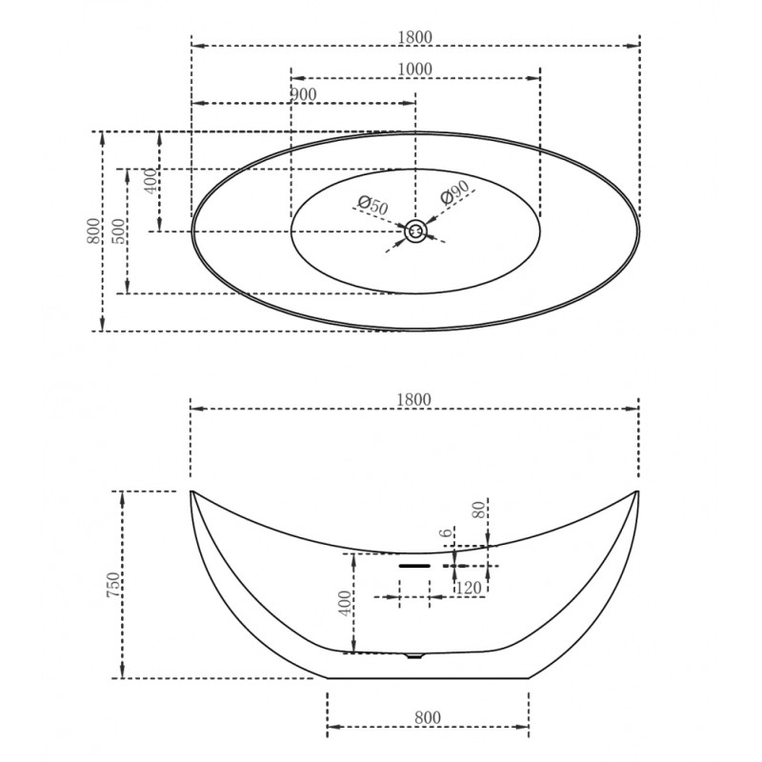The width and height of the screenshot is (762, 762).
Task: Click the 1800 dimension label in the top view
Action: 414,37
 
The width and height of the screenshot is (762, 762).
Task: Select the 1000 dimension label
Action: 414,70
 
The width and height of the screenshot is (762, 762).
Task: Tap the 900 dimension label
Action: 304,94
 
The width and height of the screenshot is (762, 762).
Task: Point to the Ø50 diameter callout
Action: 373,205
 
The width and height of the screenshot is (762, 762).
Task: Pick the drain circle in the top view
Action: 415,231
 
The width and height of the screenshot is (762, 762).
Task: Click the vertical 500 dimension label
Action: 118,231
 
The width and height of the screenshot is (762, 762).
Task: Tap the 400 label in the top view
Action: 151,181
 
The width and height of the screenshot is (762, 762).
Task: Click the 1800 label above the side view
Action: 414,400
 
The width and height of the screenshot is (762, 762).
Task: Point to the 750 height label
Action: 113,585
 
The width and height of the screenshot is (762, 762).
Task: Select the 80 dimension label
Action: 480,510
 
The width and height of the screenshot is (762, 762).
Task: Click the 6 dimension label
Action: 446,533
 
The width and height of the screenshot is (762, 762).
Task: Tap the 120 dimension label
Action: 469,588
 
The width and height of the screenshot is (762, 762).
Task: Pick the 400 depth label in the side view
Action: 345,604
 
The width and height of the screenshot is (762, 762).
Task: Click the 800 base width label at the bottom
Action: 428,718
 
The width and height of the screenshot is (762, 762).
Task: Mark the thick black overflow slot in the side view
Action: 414,566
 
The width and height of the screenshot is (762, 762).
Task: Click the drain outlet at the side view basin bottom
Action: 414,656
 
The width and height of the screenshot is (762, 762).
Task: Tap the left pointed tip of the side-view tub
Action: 190,491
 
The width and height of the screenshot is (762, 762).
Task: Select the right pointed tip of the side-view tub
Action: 637,491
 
